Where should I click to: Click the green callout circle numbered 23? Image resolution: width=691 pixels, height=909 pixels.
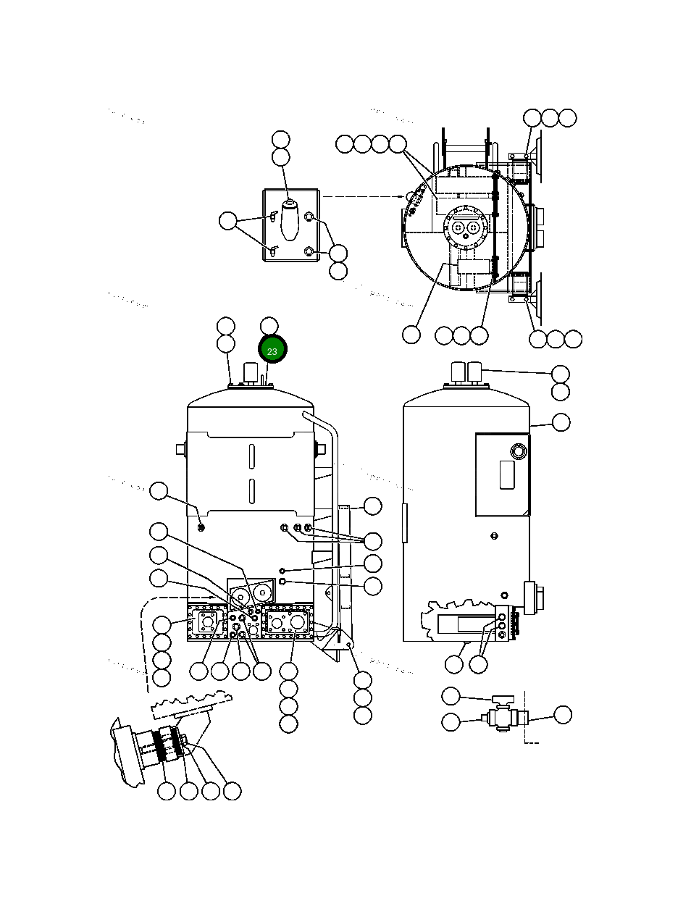(273, 351)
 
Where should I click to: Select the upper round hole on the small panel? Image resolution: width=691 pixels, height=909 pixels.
(309, 217)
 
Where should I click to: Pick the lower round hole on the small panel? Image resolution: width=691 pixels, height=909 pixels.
(309, 251)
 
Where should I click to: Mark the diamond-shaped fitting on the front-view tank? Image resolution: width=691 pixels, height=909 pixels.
(283, 569)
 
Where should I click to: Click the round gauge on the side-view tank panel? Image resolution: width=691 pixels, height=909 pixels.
(519, 452)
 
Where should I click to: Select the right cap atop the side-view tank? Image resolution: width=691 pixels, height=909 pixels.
(475, 373)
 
